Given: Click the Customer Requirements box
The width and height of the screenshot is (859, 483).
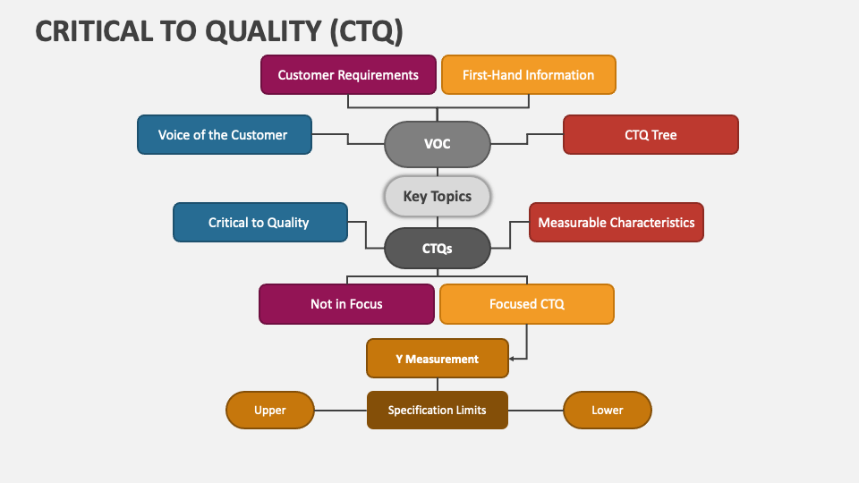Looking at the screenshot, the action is pos(348,74).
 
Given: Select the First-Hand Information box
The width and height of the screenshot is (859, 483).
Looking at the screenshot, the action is pos(529,74).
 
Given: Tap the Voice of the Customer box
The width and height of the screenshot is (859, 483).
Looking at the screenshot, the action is pos(225,135).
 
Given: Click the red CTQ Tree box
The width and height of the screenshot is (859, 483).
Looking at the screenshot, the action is pos(651,135).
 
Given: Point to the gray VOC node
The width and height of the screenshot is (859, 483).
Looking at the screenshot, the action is pos(438,144).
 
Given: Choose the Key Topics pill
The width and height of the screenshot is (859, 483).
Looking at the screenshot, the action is pos(438,196).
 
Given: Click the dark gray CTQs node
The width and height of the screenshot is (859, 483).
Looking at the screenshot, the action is pos(438,248).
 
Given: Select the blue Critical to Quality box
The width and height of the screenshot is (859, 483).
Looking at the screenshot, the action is pos(260,223).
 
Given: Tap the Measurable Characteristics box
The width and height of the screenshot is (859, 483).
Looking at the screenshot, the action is pos(617,223).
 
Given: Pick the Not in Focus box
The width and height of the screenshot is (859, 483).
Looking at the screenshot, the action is pos(347,304).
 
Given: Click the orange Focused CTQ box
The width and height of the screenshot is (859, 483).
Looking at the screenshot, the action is pos(527,304).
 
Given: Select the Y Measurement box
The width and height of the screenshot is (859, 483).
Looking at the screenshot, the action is pos(438,359).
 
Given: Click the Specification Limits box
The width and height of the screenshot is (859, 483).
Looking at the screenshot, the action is pos(438,411).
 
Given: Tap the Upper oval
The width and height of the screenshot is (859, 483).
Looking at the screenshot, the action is pos(270,411).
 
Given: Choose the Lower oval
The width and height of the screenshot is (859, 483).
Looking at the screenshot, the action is pos(608,411).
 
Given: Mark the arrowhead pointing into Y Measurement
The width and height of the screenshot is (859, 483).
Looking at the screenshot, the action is pos(512,359).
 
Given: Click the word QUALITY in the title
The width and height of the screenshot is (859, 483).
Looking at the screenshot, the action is pos(263,30).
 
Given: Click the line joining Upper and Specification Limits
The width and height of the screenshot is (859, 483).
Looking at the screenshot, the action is pos(341,411).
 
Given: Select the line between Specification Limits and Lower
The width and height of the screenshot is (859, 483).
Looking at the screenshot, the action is pos(536,411).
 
